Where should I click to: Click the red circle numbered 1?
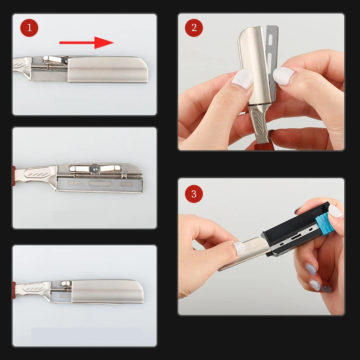pyautogui.click(x=29, y=28)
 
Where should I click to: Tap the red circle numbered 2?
pyautogui.click(x=194, y=28)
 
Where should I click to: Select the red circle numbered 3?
pyautogui.click(x=194, y=194)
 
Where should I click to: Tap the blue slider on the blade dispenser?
pyautogui.click(x=325, y=224)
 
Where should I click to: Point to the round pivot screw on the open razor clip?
pyautogui.click(x=94, y=168)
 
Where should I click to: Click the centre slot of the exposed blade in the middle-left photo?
pyautogui.click(x=100, y=184)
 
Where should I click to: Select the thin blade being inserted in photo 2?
pyautogui.click(x=273, y=62)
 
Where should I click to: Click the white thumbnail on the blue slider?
pyautogui.click(x=336, y=211)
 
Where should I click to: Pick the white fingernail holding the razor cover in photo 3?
pyautogui.click(x=239, y=248)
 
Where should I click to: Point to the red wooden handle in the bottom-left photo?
pyautogui.click(x=14, y=290)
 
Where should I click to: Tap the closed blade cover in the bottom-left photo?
pyautogui.click(x=107, y=292)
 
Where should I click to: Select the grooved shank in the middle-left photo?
pyautogui.click(x=37, y=174)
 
